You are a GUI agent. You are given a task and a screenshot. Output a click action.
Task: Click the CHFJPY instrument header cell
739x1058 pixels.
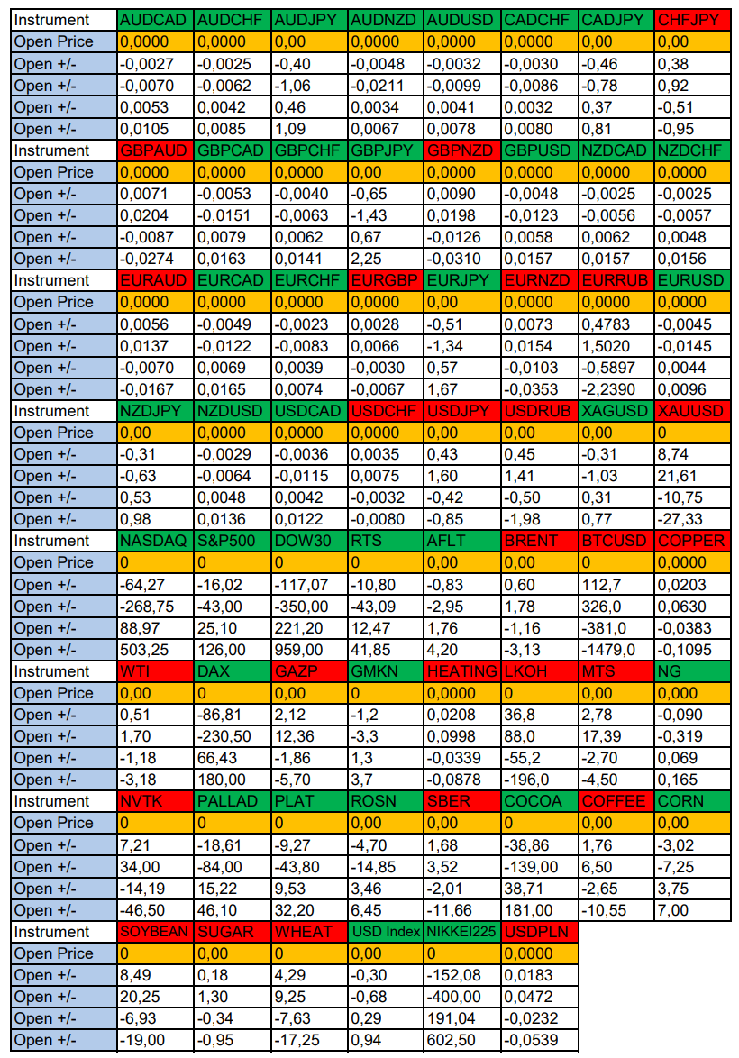(x=691, y=20)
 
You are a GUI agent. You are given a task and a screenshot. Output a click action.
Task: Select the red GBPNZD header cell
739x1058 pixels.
(x=461, y=150)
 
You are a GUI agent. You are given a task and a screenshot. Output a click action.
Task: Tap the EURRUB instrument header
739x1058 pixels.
(x=616, y=280)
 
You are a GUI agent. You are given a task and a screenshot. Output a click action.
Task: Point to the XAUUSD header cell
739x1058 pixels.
(x=691, y=411)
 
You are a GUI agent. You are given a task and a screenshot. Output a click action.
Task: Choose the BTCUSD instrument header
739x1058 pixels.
(x=616, y=541)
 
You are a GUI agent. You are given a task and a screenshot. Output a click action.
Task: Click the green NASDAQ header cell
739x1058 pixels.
(x=154, y=541)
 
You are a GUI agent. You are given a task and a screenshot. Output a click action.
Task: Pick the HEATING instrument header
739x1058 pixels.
(x=461, y=671)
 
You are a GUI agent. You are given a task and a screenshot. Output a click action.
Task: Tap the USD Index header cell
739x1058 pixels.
(x=385, y=932)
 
